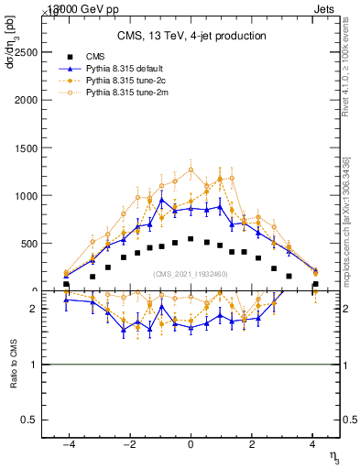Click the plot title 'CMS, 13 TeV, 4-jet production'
pos(191,37)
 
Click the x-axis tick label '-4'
pos(67,445)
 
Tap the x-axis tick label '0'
pos(191,445)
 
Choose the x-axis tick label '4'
pos(313,445)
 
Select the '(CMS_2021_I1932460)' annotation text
pos(191,273)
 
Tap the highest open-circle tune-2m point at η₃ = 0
pos(191,169)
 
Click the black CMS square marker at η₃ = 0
pos(191,239)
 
